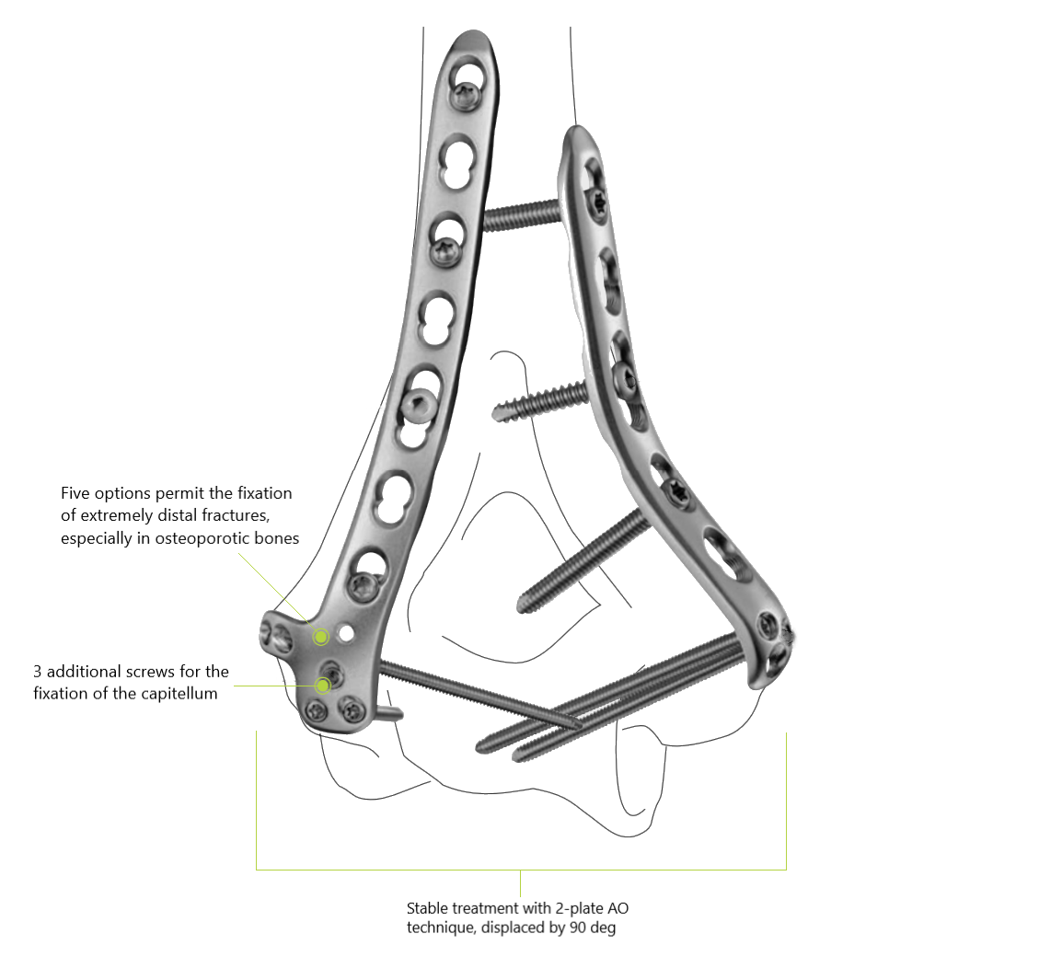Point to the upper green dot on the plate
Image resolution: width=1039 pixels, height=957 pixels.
coord(321,636)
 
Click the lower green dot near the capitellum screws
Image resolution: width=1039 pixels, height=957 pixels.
coord(323,685)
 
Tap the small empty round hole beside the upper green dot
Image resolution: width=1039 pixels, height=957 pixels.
coord(346,633)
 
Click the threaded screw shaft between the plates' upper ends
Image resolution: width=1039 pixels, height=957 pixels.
coord(520,216)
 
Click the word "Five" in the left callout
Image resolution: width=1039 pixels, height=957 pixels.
coord(75,494)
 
